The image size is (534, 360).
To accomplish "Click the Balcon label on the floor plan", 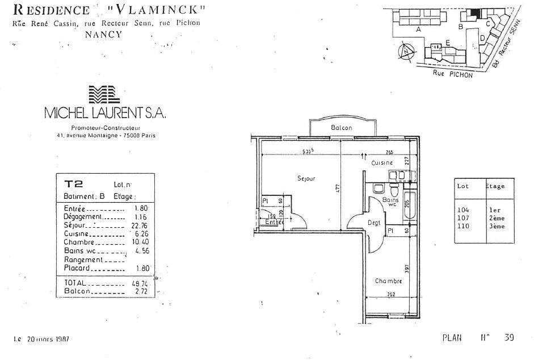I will (341, 128).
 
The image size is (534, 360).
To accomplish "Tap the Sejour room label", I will (306, 178).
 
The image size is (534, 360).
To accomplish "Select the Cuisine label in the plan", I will (382, 163).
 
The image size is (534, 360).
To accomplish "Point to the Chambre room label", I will (388, 281).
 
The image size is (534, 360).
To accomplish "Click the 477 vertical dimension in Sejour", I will (337, 188).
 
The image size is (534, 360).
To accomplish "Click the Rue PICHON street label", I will (452, 73).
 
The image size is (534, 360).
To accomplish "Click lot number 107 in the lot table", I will (464, 218).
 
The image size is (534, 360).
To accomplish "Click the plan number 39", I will (509, 337).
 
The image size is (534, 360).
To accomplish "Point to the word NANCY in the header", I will (103, 34).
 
